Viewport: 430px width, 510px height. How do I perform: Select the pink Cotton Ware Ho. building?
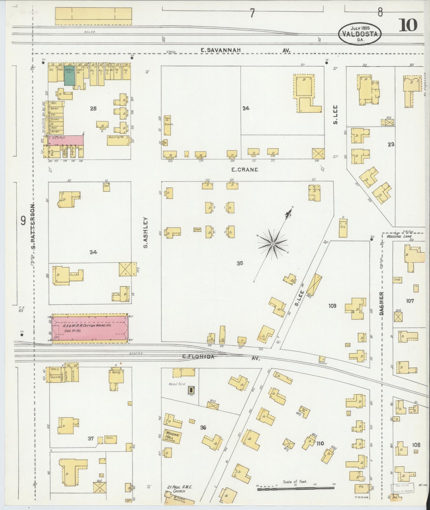[89, 328]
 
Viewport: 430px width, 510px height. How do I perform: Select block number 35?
[240, 263]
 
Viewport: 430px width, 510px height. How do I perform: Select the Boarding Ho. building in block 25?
[118, 140]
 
